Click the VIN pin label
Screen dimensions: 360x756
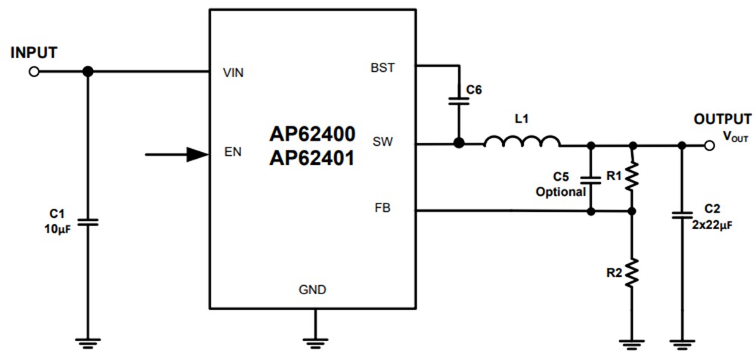(234, 73)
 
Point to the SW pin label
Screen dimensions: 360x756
(383, 141)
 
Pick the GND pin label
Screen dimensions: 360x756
(312, 290)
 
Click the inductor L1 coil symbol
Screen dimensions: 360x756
(522, 141)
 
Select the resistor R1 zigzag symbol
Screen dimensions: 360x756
(633, 177)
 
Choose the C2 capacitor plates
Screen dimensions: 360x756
(682, 216)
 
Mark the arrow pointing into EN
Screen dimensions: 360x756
(177, 154)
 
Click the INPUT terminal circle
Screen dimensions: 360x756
(33, 72)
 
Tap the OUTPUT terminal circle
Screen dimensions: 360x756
(708, 144)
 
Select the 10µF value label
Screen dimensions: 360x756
(58, 229)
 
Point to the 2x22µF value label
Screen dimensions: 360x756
(711, 224)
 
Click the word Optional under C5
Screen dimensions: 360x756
(561, 192)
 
